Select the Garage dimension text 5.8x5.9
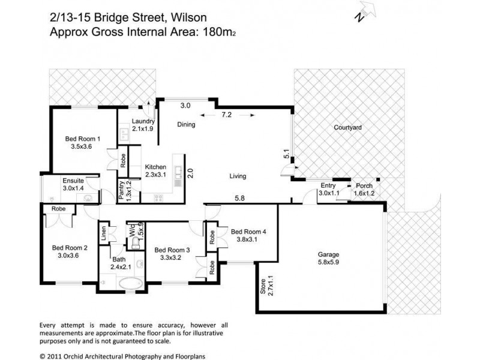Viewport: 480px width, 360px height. [328, 262]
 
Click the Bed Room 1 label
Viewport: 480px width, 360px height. [82, 139]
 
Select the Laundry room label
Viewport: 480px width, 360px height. [143, 120]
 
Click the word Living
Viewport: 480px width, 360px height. [238, 176]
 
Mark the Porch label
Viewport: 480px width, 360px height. [364, 186]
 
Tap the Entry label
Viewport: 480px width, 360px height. [328, 186]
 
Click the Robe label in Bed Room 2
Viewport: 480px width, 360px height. [58, 209]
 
